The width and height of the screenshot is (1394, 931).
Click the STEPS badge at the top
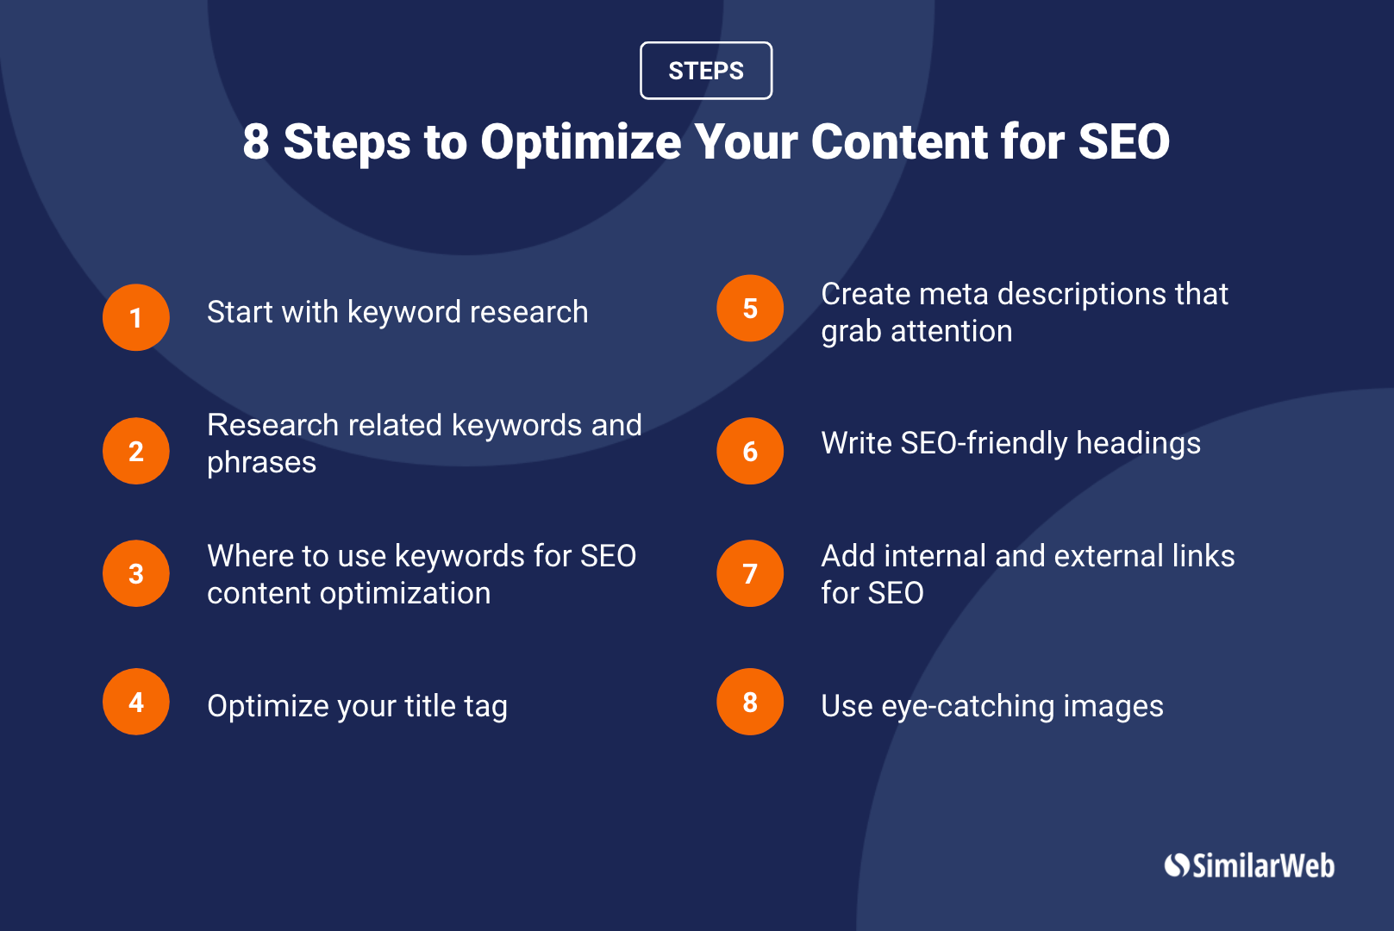click(x=706, y=71)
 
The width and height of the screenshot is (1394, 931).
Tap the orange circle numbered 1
click(x=136, y=317)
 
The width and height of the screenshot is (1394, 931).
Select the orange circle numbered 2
click(x=136, y=451)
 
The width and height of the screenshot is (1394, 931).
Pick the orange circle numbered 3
click(x=136, y=573)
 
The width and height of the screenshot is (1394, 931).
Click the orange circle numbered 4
click(x=136, y=702)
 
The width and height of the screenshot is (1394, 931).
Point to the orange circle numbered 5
click(x=750, y=308)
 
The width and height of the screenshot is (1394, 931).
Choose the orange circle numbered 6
click(x=750, y=451)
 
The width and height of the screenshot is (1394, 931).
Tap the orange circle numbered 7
click(x=750, y=573)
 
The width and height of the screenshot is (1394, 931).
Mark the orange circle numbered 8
click(x=750, y=702)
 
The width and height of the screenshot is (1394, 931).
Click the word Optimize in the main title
click(x=580, y=142)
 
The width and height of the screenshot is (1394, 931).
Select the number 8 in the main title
click(x=255, y=142)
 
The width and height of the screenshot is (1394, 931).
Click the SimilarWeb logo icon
click(x=1177, y=865)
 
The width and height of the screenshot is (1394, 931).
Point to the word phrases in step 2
click(x=261, y=463)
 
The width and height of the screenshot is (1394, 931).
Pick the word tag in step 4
click(x=485, y=707)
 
